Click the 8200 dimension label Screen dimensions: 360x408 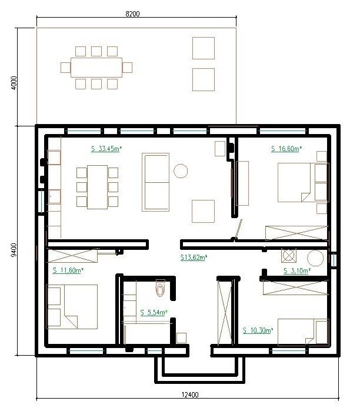pos(132,14)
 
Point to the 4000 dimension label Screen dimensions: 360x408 pos(14,83)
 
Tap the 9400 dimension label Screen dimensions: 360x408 pos(14,250)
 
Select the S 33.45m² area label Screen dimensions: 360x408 pos(106,149)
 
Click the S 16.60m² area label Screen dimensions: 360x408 pos(286,149)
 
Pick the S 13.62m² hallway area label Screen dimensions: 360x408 pos(194,257)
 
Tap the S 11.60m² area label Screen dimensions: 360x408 pos(68,270)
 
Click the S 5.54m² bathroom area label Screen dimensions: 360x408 pos(154,312)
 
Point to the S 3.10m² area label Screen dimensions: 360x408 pos(296,270)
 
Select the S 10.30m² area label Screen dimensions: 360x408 pos(258,330)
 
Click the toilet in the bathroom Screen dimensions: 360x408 pos(160,288)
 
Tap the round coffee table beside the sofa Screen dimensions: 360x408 pos(181,171)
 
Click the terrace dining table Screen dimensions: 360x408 pos(96,68)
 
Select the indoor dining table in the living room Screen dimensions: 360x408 pos(98,187)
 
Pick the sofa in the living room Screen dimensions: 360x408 pos(155,182)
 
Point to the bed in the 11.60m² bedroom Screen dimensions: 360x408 pos(72,307)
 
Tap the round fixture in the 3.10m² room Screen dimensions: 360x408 pos(315,259)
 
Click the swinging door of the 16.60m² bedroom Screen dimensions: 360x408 pos(238,229)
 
